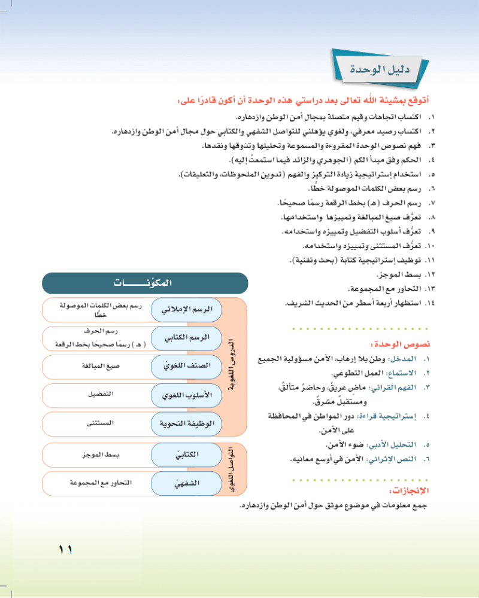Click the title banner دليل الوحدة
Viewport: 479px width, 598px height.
383,69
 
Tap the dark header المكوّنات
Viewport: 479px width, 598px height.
145,283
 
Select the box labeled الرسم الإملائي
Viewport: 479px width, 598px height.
186,309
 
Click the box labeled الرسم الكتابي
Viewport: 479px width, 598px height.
186,338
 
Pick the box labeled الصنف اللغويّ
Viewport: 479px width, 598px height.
186,367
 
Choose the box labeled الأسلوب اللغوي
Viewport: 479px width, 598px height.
186,395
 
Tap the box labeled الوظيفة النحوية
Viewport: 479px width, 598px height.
186,424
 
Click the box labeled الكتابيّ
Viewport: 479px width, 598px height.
186,455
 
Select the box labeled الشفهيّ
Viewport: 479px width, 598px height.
186,483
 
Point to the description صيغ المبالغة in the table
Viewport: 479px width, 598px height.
99,366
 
